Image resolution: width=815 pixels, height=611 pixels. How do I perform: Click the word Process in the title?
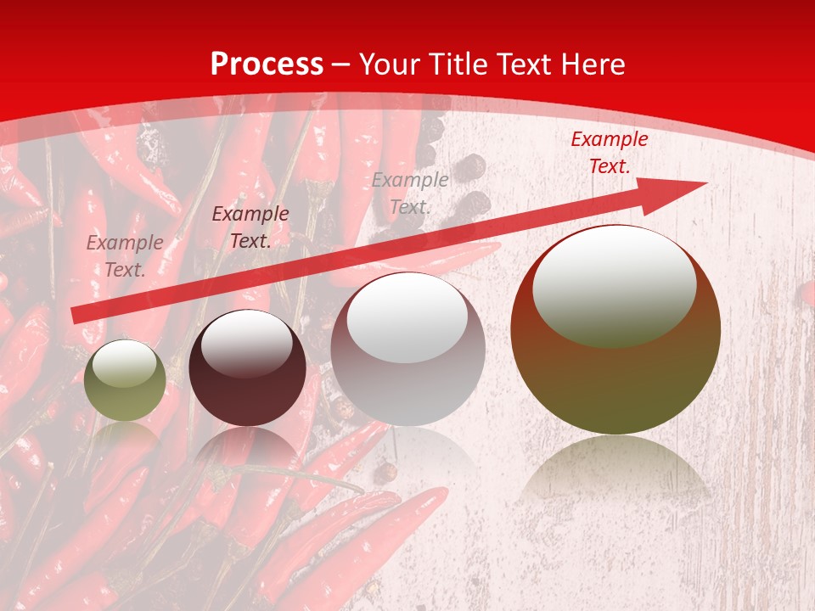[x=267, y=64]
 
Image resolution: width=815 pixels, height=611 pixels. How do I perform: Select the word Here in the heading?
[x=593, y=64]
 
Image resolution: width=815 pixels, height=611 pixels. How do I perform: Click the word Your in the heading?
[x=389, y=64]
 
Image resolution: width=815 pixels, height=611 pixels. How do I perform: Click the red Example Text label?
[x=609, y=153]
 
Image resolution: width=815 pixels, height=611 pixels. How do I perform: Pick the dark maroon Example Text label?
[x=250, y=227]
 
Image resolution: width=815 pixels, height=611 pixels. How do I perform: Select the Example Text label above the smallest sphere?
[x=125, y=256]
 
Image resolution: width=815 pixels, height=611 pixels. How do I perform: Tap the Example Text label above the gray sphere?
[x=410, y=193]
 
